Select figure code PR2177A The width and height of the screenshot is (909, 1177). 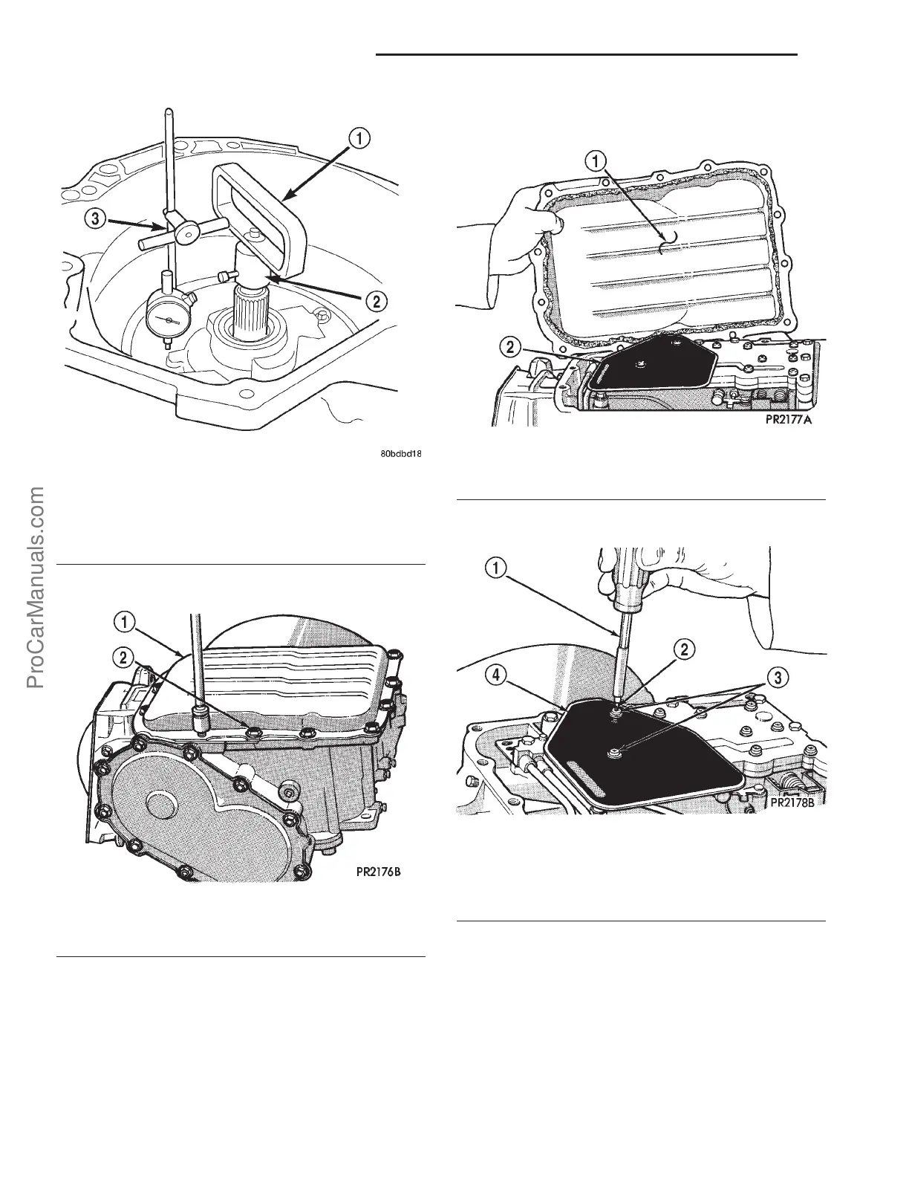(x=796, y=419)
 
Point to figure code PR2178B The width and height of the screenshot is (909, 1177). (x=794, y=802)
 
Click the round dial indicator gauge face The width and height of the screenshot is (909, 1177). (x=169, y=320)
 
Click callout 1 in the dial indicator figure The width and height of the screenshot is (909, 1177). (x=358, y=138)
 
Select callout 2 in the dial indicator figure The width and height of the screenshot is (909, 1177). (x=377, y=301)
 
